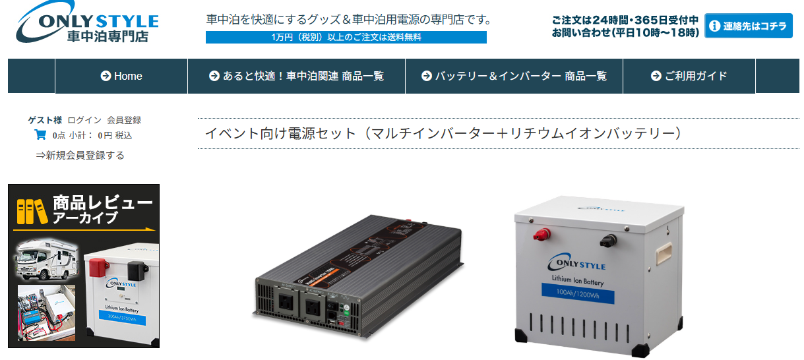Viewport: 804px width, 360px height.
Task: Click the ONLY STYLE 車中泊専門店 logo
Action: coord(88,24)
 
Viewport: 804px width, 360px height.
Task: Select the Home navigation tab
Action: coord(121,76)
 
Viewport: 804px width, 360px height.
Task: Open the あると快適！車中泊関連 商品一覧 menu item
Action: coord(296,76)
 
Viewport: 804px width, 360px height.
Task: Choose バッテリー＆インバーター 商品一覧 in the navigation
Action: coord(514,76)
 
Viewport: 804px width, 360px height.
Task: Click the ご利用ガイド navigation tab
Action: coord(689,76)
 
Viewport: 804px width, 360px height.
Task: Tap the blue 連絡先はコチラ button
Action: coord(748,26)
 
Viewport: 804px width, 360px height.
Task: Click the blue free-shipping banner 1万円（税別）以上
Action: coord(346,37)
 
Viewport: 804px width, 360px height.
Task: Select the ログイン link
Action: coord(84,120)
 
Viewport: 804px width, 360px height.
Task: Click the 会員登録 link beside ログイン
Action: coord(124,120)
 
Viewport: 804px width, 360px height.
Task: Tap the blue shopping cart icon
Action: coord(40,135)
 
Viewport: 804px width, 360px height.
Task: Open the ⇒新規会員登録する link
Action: coord(80,156)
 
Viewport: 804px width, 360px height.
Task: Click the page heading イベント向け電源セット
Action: coord(442,133)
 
